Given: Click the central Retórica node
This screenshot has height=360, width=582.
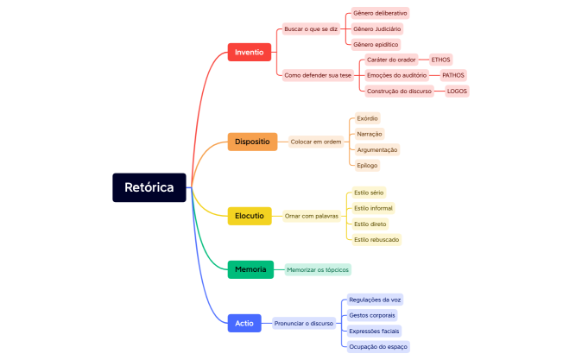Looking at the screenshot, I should click(x=149, y=187).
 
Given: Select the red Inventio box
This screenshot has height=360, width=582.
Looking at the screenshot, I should click(x=249, y=53).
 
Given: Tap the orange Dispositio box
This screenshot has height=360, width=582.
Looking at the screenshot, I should click(x=252, y=142).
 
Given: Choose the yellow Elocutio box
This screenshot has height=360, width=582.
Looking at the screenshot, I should click(x=250, y=216).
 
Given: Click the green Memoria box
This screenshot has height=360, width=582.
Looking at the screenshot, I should click(x=250, y=270).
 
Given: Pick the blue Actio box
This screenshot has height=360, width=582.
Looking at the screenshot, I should click(x=244, y=324).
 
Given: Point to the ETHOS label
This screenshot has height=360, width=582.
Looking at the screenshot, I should click(x=440, y=60).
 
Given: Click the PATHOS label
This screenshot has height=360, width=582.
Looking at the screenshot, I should click(x=452, y=75).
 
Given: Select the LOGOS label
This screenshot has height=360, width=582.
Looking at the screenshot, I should click(x=458, y=91).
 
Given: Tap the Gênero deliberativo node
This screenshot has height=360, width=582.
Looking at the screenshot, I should click(x=380, y=14).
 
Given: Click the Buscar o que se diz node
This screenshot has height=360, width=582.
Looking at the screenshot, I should click(x=312, y=29).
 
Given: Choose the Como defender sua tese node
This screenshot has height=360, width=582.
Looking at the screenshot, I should click(x=318, y=75).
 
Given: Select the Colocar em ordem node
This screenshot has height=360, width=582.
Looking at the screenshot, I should click(x=315, y=142).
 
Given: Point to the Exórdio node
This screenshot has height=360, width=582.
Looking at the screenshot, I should click(x=367, y=118).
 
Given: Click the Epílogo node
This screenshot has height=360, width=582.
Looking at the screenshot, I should click(x=367, y=165).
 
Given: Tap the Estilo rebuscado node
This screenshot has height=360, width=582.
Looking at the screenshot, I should click(x=377, y=239).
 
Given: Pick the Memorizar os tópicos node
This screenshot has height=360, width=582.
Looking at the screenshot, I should click(x=318, y=270).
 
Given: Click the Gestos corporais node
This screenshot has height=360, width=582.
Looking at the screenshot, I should click(x=372, y=315).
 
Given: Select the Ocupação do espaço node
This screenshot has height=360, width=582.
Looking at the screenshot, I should click(x=378, y=346).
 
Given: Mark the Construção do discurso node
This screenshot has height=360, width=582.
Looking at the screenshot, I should click(x=399, y=91).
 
